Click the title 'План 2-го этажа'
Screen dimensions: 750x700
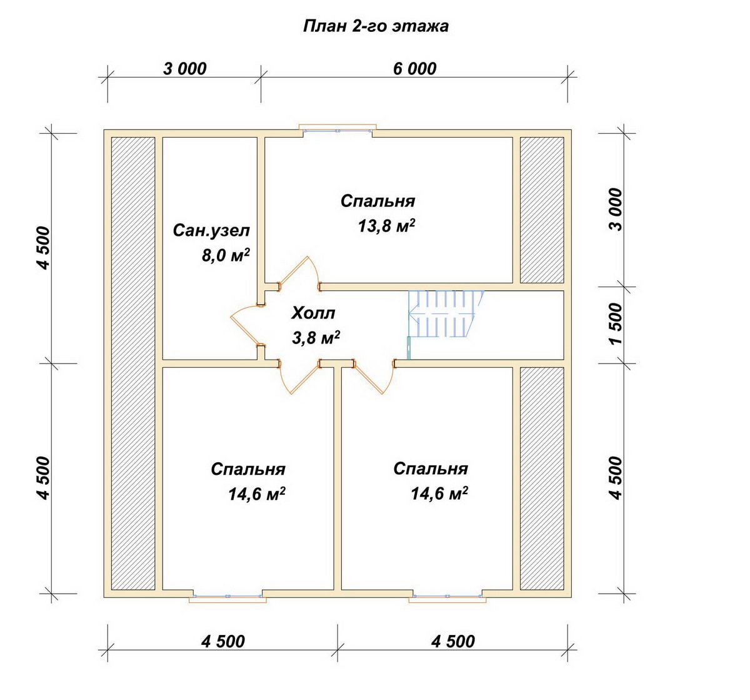pyautogui.click(x=376, y=26)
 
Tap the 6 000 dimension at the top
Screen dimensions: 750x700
pyautogui.click(x=414, y=69)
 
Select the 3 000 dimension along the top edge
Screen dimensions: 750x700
pyautogui.click(x=184, y=69)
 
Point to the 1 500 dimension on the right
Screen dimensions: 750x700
pyautogui.click(x=615, y=323)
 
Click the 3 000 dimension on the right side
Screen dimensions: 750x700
pyautogui.click(x=615, y=210)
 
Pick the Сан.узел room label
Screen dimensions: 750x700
pyautogui.click(x=211, y=231)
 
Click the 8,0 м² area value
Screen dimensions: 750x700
pyautogui.click(x=226, y=256)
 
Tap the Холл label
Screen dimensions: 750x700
pyautogui.click(x=313, y=313)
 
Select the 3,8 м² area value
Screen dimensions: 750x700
pyautogui.click(x=316, y=338)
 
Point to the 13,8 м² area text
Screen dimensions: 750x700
pyautogui.click(x=386, y=226)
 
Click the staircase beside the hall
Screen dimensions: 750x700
pyautogui.click(x=446, y=314)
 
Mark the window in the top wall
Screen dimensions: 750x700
pyautogui.click(x=337, y=128)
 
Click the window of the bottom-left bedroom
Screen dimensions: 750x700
pyautogui.click(x=227, y=596)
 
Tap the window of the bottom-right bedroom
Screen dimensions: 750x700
pyautogui.click(x=447, y=596)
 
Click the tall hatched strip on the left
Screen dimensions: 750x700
pyautogui.click(x=133, y=363)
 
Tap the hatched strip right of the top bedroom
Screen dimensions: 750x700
pyautogui.click(x=542, y=210)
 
